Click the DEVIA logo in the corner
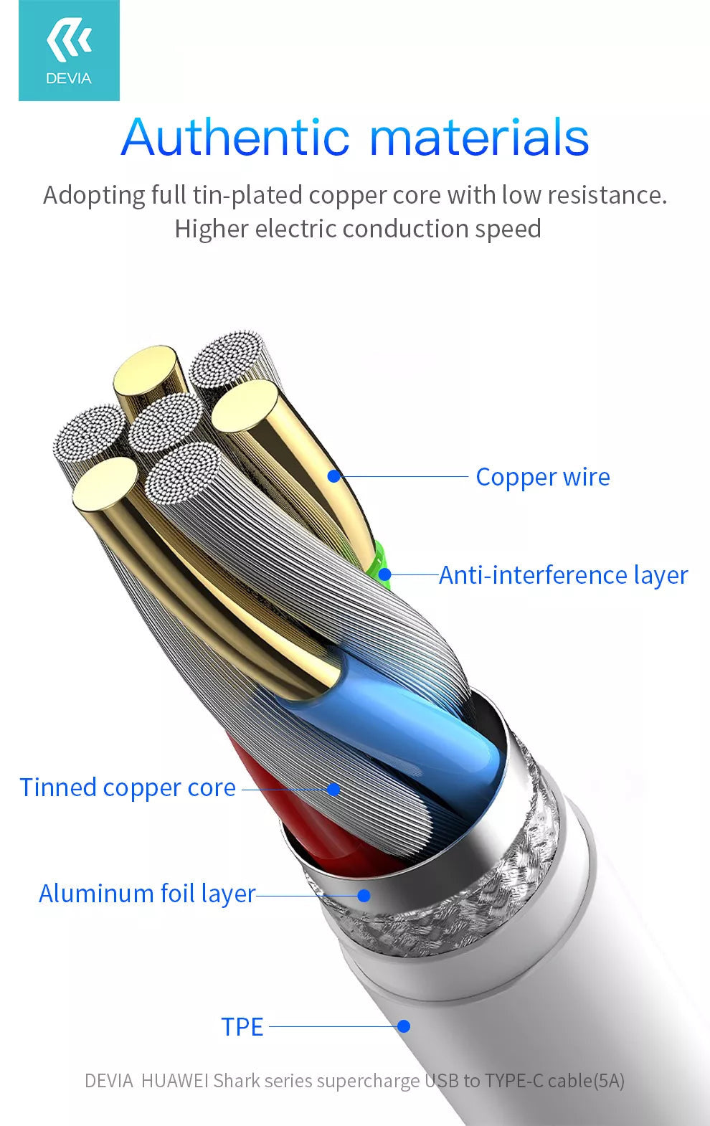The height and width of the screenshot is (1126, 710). (x=69, y=50)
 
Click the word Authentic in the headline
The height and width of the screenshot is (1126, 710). (x=235, y=137)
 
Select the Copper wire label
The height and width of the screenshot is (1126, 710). (x=543, y=477)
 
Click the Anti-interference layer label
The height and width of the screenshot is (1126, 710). (x=563, y=575)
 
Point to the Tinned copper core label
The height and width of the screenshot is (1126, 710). (x=128, y=787)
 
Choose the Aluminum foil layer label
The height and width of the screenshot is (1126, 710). (x=147, y=894)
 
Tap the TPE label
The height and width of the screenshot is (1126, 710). (x=242, y=1027)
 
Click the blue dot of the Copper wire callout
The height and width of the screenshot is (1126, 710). (x=333, y=476)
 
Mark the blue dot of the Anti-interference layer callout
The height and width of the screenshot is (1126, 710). (x=385, y=574)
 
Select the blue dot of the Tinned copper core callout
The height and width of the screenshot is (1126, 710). (x=333, y=790)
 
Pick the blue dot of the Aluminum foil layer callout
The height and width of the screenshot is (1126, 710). (x=364, y=895)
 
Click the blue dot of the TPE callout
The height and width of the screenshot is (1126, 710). (x=404, y=1026)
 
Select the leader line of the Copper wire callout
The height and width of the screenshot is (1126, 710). (x=402, y=476)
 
